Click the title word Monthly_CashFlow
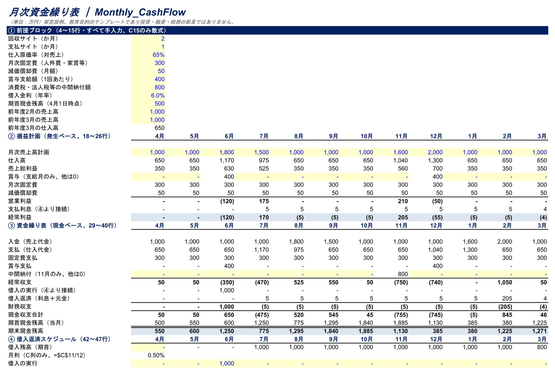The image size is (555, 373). (140, 12)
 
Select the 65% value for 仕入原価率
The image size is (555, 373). (159, 55)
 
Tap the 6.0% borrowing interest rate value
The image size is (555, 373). (158, 95)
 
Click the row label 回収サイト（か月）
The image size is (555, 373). (33, 39)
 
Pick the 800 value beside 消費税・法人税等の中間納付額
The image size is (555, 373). (160, 87)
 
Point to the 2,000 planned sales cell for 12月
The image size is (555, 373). (435, 152)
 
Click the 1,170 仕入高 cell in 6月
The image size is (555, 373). (227, 160)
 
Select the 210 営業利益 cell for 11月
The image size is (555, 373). (403, 201)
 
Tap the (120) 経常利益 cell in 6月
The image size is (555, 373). (227, 217)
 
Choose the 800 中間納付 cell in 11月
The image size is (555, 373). (403, 274)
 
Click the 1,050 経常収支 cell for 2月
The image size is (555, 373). (505, 282)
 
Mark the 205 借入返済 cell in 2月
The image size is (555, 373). (507, 298)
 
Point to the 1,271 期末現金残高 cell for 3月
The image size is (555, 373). (539, 331)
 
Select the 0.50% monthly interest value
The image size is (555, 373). (156, 355)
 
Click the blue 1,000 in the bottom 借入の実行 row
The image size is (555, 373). (227, 363)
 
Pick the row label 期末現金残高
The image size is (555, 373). (26, 331)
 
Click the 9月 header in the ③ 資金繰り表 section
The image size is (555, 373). (333, 226)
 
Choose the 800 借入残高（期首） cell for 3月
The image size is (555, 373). (542, 347)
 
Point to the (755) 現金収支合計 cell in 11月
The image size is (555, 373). (401, 315)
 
